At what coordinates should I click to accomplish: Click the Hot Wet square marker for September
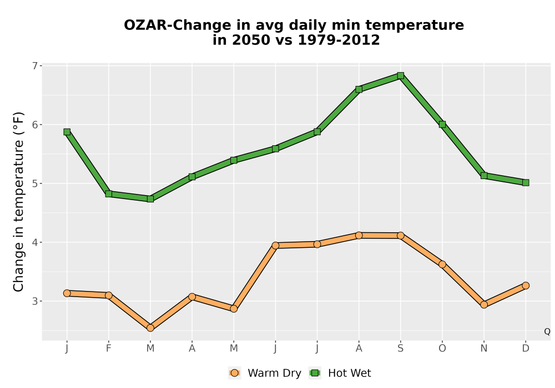tap(400, 75)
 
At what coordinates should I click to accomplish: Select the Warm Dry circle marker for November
tap(484, 305)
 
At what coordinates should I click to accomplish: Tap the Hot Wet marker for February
tap(109, 193)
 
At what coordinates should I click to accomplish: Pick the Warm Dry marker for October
tap(442, 264)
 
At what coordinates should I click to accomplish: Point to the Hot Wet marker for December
tap(526, 183)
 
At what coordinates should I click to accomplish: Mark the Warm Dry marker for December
tap(526, 285)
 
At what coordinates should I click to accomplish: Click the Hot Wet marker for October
tap(442, 124)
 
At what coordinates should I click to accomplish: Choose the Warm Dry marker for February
tap(109, 295)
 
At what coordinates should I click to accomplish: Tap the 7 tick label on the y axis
tap(34, 66)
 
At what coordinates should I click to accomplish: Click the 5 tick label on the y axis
tap(34, 183)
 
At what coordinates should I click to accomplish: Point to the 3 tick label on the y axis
tap(34, 301)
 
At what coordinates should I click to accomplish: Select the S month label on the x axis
tap(400, 349)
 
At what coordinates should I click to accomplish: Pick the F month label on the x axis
tap(109, 349)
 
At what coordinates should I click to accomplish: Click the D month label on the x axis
tap(526, 349)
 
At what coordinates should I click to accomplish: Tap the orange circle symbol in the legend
tap(234, 373)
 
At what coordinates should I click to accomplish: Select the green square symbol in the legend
tap(315, 373)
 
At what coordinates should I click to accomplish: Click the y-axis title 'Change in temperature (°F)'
tap(18, 202)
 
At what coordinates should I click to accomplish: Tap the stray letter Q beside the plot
tap(547, 331)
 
